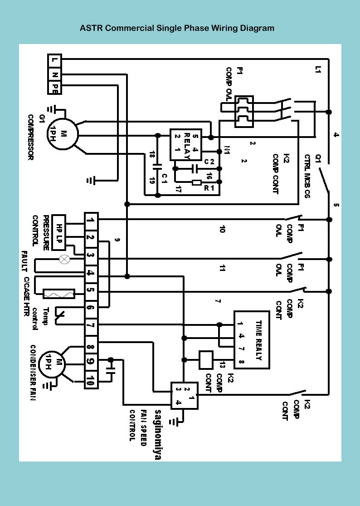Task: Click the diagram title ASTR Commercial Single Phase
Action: (177, 28)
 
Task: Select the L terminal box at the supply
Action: (54, 59)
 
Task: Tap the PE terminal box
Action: (54, 88)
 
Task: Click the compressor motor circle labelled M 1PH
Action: (63, 134)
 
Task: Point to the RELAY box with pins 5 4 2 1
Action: (185, 144)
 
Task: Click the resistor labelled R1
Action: (197, 183)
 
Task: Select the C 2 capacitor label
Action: (209, 162)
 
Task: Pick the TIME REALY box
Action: (251, 339)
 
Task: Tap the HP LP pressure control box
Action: (59, 232)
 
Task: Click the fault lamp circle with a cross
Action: (64, 259)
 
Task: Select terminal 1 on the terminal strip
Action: (91, 221)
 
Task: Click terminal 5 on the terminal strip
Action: (91, 290)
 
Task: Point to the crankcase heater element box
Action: (59, 294)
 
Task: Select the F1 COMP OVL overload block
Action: (243, 111)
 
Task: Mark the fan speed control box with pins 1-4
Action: (184, 395)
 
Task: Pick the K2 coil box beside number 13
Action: (206, 360)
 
